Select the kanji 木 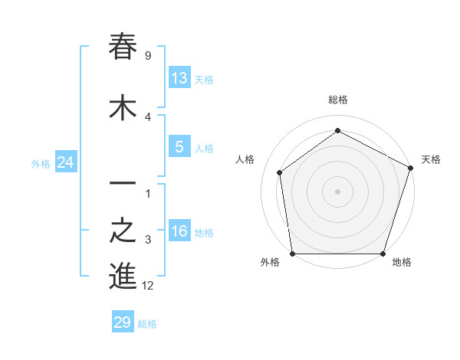click(123, 107)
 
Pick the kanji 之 click(123, 231)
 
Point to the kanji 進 click(123, 277)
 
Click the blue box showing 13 click(179, 78)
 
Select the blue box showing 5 click(179, 147)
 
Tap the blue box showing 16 click(179, 231)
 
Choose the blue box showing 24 click(66, 162)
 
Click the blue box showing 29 click(123, 322)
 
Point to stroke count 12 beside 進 click(148, 286)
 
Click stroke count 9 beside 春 click(147, 55)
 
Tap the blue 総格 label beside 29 click(147, 324)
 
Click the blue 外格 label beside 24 click(41, 163)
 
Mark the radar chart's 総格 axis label click(338, 100)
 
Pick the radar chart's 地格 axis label click(402, 262)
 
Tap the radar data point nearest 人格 click(280, 172)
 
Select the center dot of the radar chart click(338, 191)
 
